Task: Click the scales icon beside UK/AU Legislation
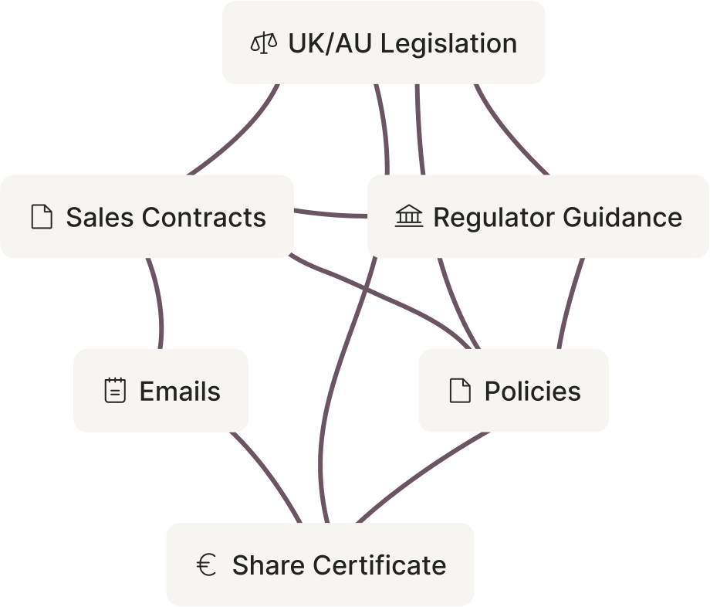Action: pos(263,42)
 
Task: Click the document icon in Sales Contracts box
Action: pos(42,217)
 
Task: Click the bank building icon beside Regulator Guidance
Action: pos(409,217)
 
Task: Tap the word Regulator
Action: pos(492,217)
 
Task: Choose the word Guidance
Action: pos(621,217)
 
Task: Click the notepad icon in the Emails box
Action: pos(114,391)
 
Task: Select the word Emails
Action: pos(180,391)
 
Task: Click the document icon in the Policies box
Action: pos(460,391)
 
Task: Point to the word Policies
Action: pos(532,391)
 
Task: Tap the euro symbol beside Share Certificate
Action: pos(205,565)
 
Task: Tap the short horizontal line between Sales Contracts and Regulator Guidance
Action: pos(330,214)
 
